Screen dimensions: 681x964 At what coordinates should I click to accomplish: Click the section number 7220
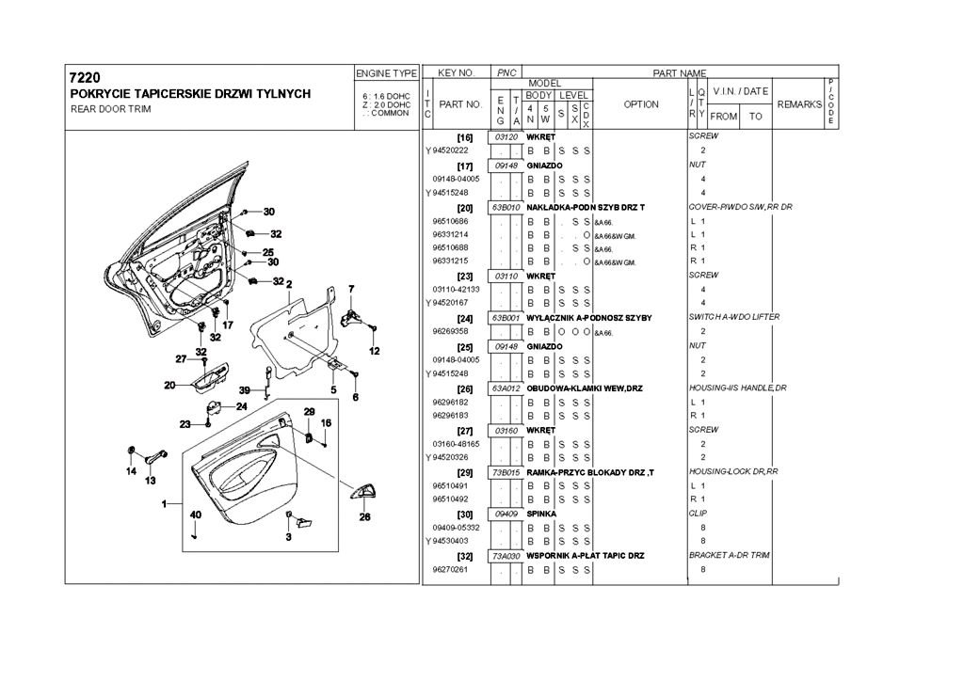coord(85,77)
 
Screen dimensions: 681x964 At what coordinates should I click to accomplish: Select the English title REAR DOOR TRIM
coord(110,109)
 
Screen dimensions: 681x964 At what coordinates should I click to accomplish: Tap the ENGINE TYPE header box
coord(386,72)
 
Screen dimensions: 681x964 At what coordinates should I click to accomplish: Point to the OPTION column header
coord(641,104)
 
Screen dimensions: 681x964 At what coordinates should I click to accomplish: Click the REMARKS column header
coord(799,104)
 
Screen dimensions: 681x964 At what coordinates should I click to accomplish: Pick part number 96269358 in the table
coord(451,331)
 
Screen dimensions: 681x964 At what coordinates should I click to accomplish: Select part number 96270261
coord(451,569)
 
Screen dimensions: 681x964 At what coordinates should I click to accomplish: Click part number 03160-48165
coord(456,443)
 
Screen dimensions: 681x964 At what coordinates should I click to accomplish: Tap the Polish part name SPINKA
coord(542,514)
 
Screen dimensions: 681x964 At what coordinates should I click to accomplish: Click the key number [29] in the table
coord(464,471)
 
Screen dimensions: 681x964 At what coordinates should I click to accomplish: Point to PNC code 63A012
coord(506,388)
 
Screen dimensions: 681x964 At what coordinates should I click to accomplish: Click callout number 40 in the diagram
coord(196,515)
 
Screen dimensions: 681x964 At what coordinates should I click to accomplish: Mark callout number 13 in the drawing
coord(150,481)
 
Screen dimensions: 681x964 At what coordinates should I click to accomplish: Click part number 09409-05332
coord(456,528)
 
